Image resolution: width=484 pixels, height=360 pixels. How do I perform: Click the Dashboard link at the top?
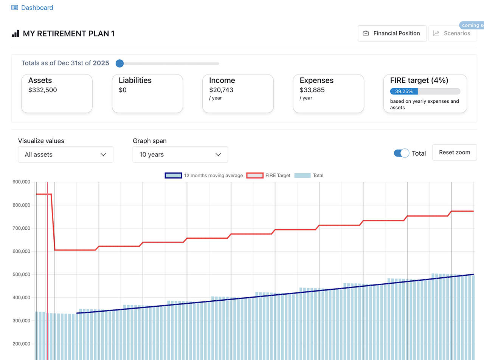[x=37, y=8]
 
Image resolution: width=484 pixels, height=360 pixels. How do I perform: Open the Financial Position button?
[x=392, y=33]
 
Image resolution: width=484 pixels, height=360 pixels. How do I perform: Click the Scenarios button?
[x=452, y=33]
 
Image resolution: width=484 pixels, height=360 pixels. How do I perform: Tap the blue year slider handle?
[x=120, y=63]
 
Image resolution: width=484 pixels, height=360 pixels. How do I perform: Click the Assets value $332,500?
[x=43, y=90]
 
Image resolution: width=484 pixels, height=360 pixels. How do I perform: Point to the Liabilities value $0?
[x=123, y=90]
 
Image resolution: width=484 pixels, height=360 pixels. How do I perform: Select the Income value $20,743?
[x=221, y=90]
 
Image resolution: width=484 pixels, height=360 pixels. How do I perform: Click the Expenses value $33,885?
[x=312, y=90]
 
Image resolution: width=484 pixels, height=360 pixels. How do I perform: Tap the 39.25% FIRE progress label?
[x=404, y=91]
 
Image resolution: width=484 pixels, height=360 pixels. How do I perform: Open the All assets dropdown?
[x=65, y=155]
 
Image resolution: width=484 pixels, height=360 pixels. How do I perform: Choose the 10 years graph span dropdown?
[x=180, y=155]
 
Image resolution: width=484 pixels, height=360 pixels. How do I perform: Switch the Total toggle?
[x=401, y=153]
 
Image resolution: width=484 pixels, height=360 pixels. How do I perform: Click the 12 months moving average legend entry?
[x=204, y=175]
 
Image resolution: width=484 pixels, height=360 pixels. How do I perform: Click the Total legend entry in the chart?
[x=309, y=175]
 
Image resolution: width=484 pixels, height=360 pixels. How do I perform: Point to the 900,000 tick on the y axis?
[x=22, y=182]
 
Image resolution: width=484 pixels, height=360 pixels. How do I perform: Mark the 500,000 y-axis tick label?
[x=22, y=274]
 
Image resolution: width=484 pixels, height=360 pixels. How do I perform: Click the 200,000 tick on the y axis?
[x=22, y=344]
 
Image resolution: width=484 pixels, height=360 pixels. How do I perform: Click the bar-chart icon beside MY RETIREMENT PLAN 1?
[x=16, y=34]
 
